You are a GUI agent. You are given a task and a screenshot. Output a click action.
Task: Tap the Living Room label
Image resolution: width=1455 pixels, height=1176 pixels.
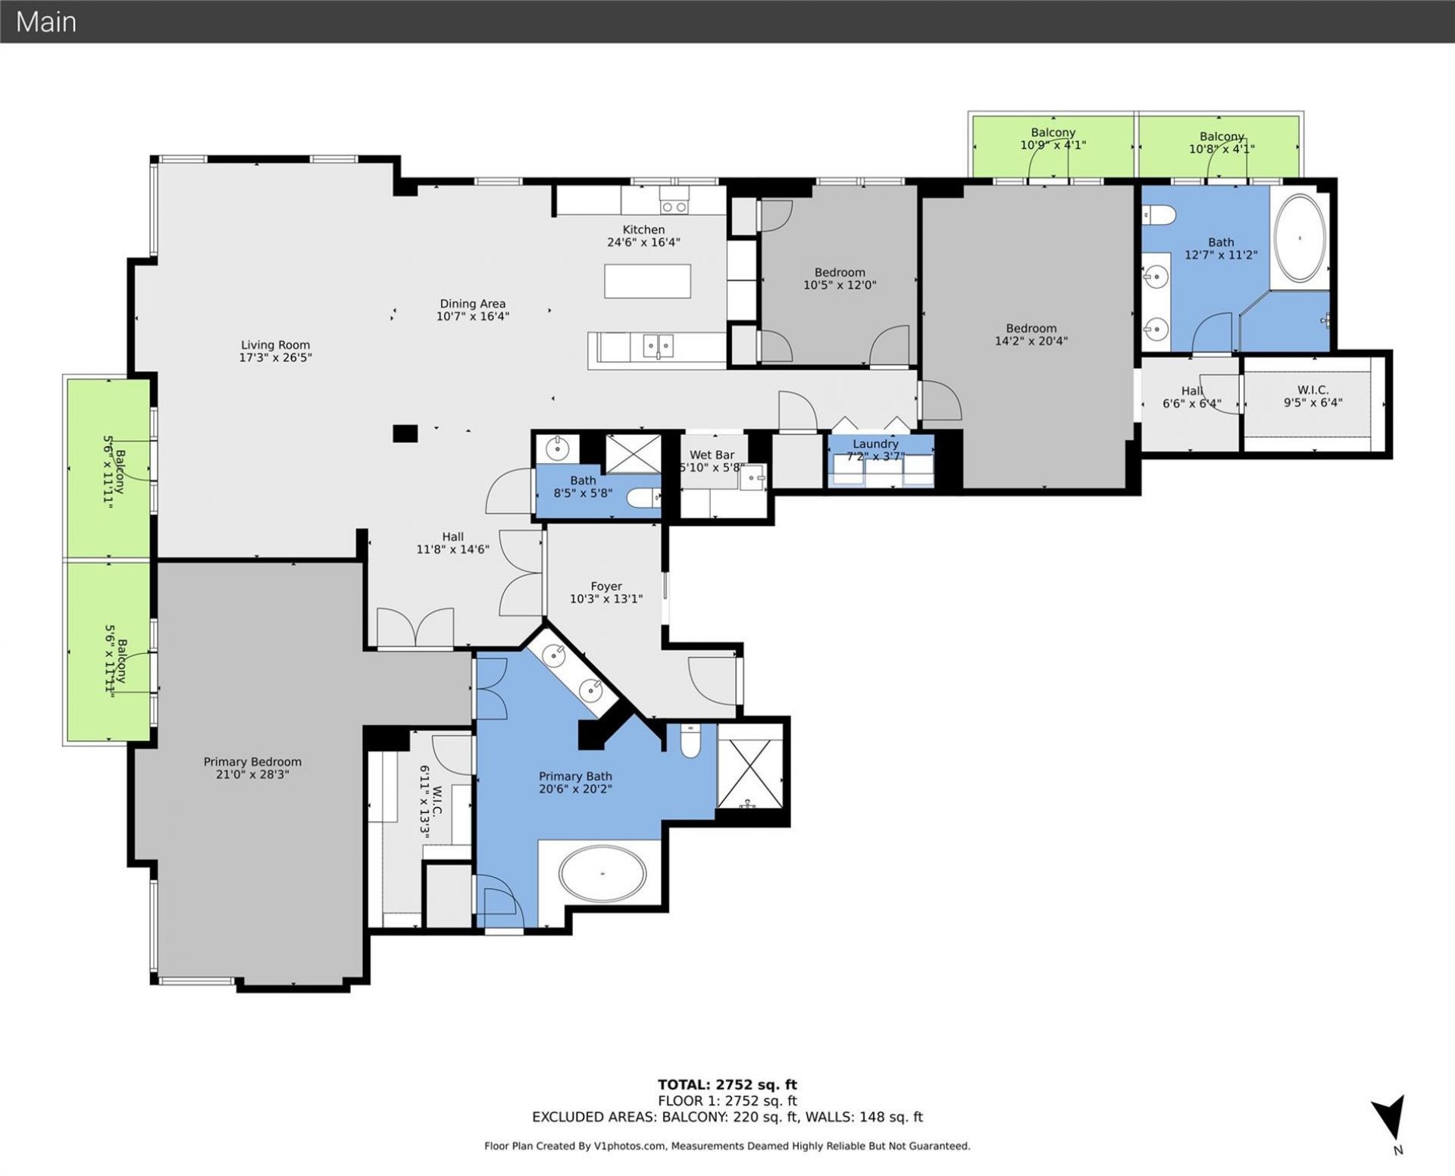point(275,345)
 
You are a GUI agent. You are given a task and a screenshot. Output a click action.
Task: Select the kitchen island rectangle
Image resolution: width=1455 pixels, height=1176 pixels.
point(647,280)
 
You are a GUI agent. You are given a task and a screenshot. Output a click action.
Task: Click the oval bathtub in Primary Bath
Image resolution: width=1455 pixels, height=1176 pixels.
point(602,874)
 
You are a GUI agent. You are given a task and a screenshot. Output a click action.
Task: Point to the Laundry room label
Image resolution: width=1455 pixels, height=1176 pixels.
point(875,444)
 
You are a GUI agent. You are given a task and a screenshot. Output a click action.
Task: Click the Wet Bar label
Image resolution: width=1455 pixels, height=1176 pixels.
point(712,455)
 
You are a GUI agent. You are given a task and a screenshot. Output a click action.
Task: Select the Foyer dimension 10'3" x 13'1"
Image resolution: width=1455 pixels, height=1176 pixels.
point(605,599)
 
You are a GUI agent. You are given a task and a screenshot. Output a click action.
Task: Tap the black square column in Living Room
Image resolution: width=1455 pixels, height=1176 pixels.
point(405,433)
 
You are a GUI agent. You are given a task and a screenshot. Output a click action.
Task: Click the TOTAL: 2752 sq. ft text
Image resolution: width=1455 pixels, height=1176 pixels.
point(727,1084)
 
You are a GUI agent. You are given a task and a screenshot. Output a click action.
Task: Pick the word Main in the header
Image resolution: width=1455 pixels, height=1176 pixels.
point(46,22)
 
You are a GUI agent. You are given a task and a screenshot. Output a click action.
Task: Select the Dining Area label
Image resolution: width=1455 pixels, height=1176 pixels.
point(472,304)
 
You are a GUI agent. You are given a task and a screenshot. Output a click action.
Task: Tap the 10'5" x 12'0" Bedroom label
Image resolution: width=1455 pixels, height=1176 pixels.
point(840,273)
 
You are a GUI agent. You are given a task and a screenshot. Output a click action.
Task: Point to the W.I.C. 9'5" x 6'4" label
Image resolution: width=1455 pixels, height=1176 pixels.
point(1313,390)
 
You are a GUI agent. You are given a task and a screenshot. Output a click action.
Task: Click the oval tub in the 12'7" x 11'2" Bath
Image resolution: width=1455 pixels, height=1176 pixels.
point(1300,238)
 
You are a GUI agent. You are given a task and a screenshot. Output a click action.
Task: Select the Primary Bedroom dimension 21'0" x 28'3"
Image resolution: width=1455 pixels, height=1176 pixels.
point(252,774)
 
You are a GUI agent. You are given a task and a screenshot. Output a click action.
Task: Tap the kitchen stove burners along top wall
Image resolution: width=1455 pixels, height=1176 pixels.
point(673,207)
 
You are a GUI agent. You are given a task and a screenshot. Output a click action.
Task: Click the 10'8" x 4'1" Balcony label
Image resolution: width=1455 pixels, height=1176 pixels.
point(1221,137)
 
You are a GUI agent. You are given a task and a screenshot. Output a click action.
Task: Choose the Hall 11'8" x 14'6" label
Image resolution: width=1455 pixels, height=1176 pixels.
point(452,536)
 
